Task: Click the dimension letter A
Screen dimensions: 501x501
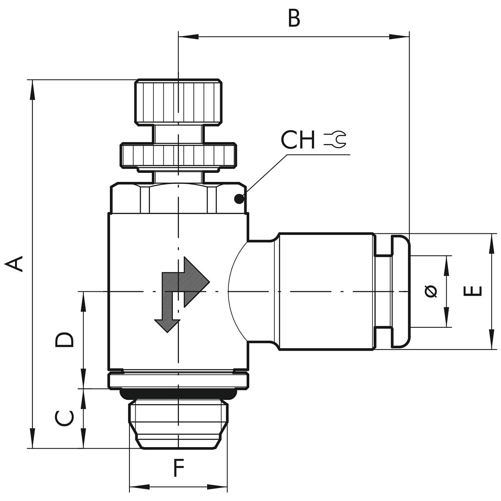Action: [x=13, y=263]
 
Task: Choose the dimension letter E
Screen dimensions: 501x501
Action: [x=472, y=291]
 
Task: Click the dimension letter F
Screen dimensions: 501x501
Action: [x=179, y=468]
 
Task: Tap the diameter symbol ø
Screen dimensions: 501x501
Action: [x=431, y=291]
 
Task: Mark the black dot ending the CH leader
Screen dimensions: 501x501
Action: [x=239, y=199]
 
